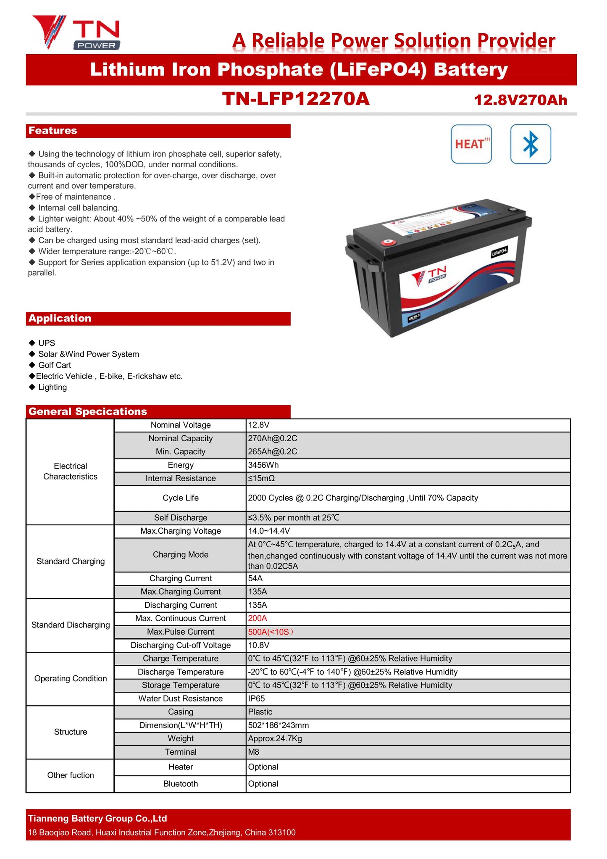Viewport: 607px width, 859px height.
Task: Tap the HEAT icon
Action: click(471, 144)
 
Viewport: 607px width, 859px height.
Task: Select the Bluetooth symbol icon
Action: click(531, 144)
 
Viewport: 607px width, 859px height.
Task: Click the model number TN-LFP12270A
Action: click(296, 99)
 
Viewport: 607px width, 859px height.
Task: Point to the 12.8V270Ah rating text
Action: click(520, 100)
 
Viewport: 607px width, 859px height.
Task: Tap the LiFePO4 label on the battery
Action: click(499, 253)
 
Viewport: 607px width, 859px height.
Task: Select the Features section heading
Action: click(53, 131)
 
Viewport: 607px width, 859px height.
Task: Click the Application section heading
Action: click(60, 319)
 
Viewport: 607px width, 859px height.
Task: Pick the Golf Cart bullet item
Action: click(55, 365)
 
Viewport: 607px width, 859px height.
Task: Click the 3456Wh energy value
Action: click(263, 465)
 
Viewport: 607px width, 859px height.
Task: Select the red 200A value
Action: click(258, 619)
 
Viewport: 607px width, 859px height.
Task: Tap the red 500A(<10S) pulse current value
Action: click(271, 632)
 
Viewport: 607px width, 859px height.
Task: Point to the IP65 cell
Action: click(256, 699)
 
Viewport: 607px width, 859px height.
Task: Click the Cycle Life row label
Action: click(181, 498)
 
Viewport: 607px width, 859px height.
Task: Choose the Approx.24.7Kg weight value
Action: click(275, 739)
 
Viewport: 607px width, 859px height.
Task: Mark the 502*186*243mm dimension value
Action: click(278, 725)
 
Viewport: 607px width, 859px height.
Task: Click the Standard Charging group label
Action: click(71, 561)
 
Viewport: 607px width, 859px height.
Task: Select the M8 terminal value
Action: click(254, 752)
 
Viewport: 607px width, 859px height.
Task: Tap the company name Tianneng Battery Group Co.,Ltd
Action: click(97, 819)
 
